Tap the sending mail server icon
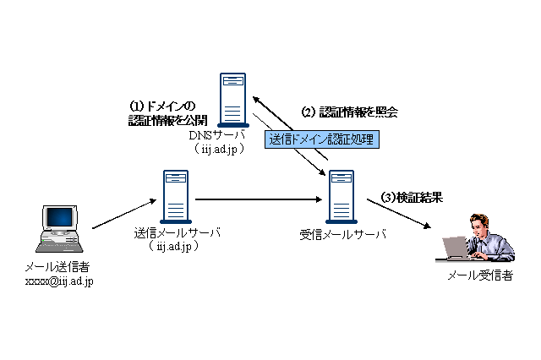pyautogui.click(x=176, y=195)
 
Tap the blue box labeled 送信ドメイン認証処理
pyautogui.click(x=320, y=139)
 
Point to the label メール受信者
pyautogui.click(x=480, y=275)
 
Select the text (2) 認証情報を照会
pyautogui.click(x=350, y=112)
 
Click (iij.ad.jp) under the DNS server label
pyautogui.click(x=218, y=149)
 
